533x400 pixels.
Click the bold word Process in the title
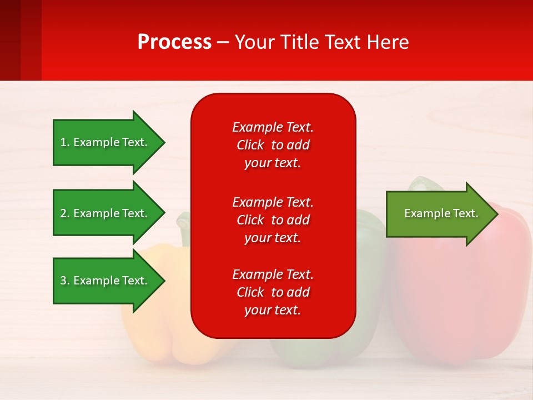(x=174, y=42)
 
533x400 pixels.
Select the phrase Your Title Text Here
(x=321, y=42)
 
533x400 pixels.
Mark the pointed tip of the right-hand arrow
(x=497, y=213)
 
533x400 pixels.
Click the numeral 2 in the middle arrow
(x=63, y=213)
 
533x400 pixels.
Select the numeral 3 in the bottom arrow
(x=63, y=281)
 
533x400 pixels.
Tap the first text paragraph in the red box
(x=273, y=145)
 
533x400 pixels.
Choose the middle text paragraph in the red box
(x=273, y=220)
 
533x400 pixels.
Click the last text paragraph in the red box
(x=273, y=292)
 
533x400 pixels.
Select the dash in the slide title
(x=223, y=43)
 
